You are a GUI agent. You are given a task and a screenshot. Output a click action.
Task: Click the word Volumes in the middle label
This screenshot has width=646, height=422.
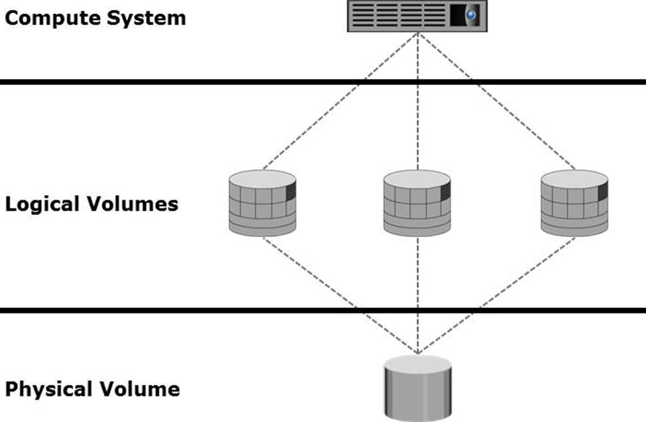135,204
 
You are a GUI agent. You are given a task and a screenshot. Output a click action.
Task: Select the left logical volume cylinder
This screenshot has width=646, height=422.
263,203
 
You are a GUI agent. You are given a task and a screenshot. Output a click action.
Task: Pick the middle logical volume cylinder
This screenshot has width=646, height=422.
417,203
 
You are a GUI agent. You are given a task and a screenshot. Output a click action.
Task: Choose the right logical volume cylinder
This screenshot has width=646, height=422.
574,203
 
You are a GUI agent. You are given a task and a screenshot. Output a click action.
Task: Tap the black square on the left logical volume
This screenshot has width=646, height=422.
291,192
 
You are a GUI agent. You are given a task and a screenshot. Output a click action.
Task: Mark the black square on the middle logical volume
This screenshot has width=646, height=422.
445,191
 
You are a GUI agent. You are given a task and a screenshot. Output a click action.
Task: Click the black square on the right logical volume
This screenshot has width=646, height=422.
602,192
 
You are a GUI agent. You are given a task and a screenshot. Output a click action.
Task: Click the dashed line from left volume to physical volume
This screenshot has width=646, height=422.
340,295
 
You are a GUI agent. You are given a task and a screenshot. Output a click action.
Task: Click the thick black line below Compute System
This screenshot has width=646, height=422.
199,82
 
